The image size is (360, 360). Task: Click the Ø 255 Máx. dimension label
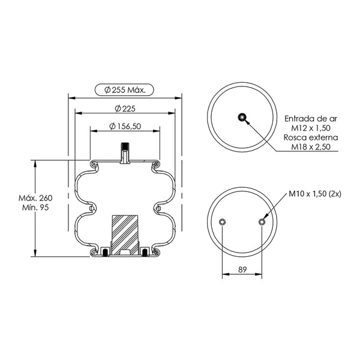tap(125, 90)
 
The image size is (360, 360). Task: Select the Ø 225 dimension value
tap(125, 109)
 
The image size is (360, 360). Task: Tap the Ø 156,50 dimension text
tap(125, 126)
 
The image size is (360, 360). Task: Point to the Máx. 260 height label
tap(35, 198)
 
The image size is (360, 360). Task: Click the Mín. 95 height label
tap(35, 208)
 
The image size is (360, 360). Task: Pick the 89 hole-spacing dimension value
tap(242, 269)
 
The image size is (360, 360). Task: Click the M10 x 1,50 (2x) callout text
tap(315, 194)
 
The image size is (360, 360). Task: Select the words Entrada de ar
tap(311, 119)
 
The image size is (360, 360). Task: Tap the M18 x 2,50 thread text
tap(311, 147)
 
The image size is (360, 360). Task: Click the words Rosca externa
tap(311, 137)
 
